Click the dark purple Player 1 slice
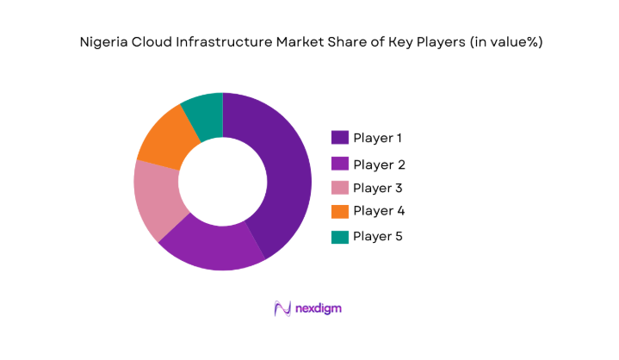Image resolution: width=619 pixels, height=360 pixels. [284, 172]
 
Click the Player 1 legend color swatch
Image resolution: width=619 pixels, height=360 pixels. [339, 138]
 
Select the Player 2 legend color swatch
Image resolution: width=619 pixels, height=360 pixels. [339, 164]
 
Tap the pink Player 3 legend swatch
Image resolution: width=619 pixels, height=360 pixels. [339, 188]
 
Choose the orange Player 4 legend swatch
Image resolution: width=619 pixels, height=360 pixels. [339, 211]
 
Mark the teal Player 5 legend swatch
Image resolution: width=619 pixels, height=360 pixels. [339, 236]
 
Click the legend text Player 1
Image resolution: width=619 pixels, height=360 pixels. [378, 138]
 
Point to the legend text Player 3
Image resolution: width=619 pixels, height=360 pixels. [378, 188]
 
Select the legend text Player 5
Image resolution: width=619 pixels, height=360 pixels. [378, 236]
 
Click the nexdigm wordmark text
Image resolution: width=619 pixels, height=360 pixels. [321, 308]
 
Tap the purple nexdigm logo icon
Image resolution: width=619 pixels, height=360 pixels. [282, 308]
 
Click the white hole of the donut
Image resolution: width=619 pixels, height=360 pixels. [222, 182]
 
